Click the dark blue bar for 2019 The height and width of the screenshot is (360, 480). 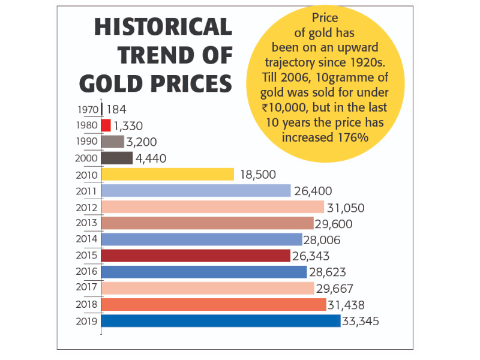point(220,321)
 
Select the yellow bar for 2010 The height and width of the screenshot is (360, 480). point(167,175)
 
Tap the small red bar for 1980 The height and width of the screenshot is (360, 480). point(106,125)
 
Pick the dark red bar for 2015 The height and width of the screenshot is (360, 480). point(196,256)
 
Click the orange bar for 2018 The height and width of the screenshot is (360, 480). point(213,305)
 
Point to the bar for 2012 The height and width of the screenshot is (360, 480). point(212,207)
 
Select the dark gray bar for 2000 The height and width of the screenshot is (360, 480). point(117,158)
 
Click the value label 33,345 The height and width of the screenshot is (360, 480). point(361,322)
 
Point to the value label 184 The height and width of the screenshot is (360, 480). point(116,109)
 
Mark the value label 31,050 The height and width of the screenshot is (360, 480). point(346,208)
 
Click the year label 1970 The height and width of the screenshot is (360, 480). point(89,110)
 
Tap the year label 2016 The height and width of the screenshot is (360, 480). point(88,272)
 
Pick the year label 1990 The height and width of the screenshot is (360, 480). point(89,142)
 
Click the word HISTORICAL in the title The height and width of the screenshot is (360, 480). point(163,27)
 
